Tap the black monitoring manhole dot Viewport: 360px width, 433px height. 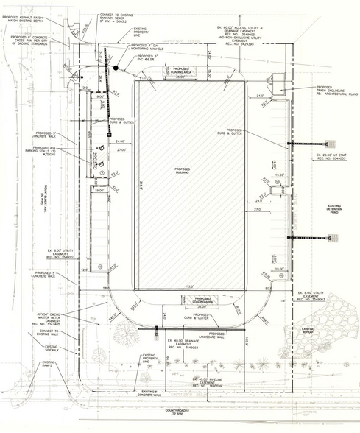pyautogui.click(x=116, y=68)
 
